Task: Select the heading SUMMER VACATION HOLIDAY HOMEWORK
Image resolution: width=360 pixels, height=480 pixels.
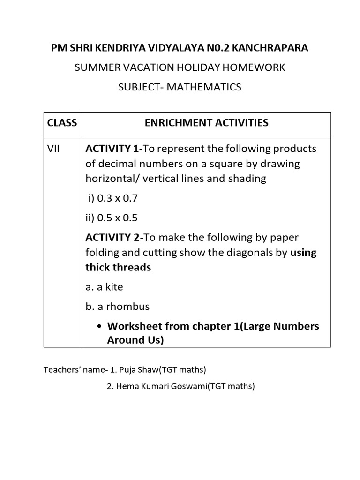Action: [180, 67]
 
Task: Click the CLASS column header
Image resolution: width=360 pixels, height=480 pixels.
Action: [62, 123]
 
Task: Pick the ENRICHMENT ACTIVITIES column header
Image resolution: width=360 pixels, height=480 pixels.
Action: [207, 123]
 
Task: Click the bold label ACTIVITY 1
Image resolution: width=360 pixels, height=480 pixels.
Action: [112, 149]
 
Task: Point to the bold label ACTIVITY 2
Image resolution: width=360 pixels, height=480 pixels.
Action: [112, 237]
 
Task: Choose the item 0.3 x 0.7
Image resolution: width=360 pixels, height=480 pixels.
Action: [113, 198]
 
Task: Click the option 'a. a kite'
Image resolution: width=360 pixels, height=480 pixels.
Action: [104, 286]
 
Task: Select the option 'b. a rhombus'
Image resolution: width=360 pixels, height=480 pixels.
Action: [117, 307]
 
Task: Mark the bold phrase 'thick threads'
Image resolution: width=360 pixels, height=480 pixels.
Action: [118, 267]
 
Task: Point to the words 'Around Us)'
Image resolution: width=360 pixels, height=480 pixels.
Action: [135, 340]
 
